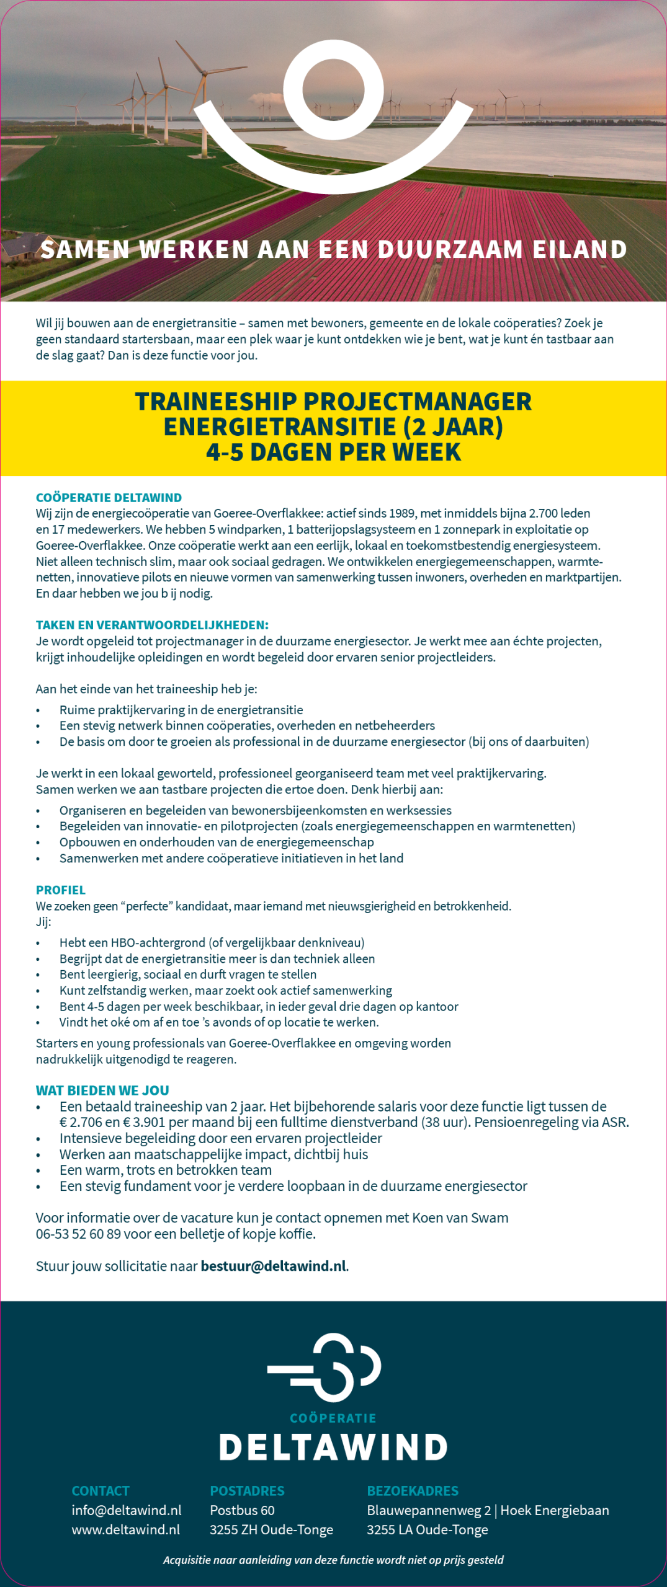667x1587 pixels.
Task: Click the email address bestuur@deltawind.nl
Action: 273,1266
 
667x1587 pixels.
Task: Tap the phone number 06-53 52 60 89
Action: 78,1234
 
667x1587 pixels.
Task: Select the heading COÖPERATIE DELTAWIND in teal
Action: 109,497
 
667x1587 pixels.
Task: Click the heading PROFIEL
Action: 61,890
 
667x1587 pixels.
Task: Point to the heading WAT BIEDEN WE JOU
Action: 102,1090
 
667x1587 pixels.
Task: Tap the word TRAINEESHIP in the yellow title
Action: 216,402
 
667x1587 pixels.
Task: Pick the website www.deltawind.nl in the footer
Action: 126,1529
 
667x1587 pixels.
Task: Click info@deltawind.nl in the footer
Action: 127,1510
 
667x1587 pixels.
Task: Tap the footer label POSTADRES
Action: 247,1491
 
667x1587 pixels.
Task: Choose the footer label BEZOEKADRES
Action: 413,1491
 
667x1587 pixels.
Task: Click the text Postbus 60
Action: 242,1510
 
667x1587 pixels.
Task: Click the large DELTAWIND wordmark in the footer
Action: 333,1448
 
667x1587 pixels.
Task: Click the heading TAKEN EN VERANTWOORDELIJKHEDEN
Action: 152,625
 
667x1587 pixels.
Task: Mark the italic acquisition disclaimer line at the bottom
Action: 333,1560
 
